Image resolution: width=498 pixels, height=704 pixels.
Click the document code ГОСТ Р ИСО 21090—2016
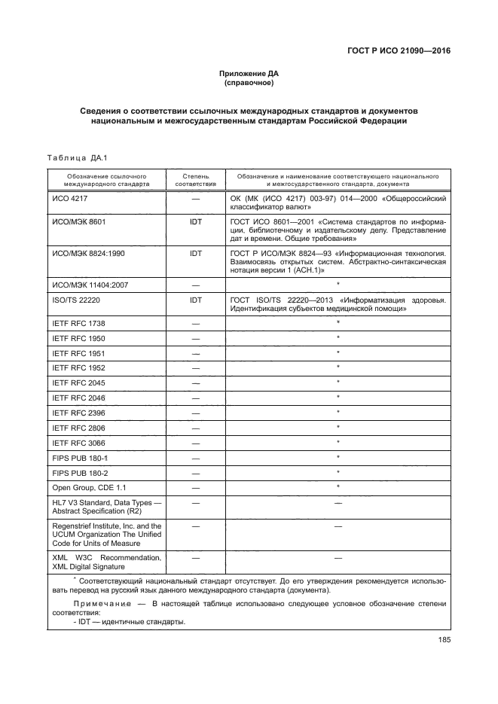point(403,50)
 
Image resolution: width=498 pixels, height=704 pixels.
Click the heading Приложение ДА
point(249,74)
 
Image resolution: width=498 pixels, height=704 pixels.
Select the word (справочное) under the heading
point(249,83)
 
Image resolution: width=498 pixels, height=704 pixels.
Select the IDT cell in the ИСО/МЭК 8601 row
point(196,223)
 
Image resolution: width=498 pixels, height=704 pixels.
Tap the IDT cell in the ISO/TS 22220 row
point(196,300)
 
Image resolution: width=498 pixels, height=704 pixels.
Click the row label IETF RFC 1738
point(78,323)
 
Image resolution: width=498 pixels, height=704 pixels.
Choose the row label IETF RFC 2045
point(78,383)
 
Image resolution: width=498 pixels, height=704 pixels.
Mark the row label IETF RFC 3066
point(78,443)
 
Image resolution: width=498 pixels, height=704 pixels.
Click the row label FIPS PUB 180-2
point(79,473)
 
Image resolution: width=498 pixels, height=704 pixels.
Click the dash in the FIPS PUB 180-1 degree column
point(196,458)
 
